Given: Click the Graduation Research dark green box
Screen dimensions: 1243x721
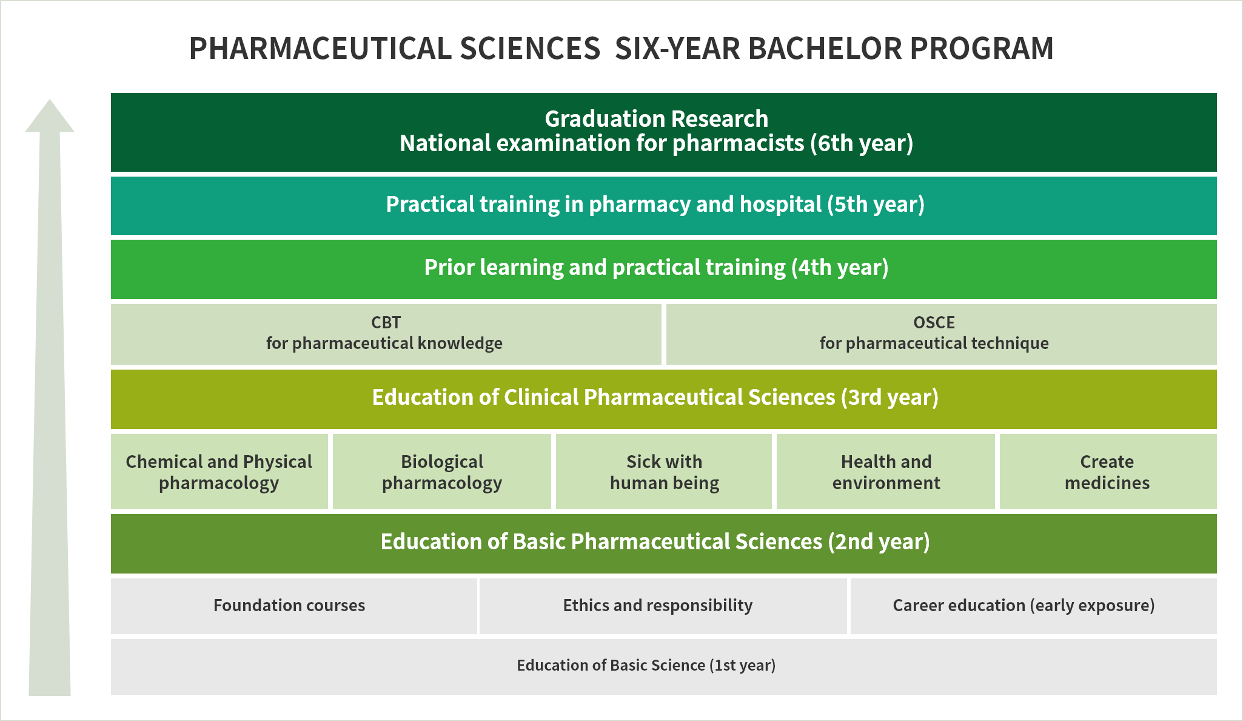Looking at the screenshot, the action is coord(663,132).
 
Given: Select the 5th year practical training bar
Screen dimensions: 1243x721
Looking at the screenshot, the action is coord(663,206).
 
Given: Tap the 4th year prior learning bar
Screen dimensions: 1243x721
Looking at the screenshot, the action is coord(663,269).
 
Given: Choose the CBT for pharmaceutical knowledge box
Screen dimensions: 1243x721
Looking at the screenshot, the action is coord(386,334).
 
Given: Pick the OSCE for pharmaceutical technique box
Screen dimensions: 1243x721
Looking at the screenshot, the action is coord(941,334).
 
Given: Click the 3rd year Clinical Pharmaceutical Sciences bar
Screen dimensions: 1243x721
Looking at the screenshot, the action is coord(663,399).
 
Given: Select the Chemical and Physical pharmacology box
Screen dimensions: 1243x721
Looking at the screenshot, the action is coord(219,472).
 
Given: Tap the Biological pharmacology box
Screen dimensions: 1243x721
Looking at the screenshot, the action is coord(441,472).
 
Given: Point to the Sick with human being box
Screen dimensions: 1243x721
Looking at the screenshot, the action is coord(664,472).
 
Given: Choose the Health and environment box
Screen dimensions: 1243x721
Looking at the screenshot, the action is coord(886,472).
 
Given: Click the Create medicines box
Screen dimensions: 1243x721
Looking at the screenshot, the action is coord(1108,472).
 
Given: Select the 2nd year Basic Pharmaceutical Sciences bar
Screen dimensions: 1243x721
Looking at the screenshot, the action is coord(663,544).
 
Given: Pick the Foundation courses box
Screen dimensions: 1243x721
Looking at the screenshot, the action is coord(293,606).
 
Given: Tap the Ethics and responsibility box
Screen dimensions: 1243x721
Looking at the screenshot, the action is coord(663,606).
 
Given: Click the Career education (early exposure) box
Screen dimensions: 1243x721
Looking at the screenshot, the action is coord(1033,606).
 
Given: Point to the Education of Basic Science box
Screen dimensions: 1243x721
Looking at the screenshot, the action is coord(663,667).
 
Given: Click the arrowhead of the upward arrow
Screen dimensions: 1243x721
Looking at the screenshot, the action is coord(50,101).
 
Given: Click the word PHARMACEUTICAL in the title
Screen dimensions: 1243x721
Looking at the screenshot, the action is coord(320,49).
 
